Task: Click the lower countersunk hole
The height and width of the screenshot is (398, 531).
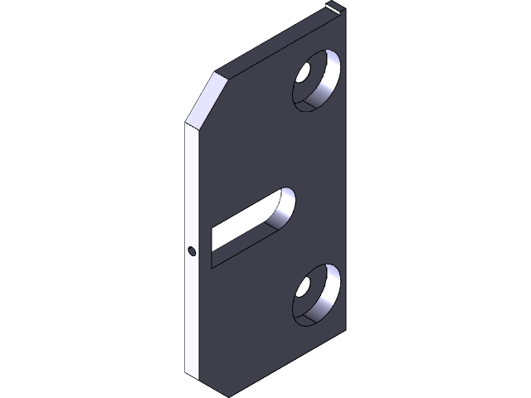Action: point(315,295)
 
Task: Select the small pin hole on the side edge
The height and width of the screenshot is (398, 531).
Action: point(192,250)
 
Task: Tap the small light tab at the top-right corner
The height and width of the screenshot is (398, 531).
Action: point(334,7)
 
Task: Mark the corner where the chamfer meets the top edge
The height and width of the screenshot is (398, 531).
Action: point(218,73)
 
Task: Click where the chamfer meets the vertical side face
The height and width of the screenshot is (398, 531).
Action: point(184,124)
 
